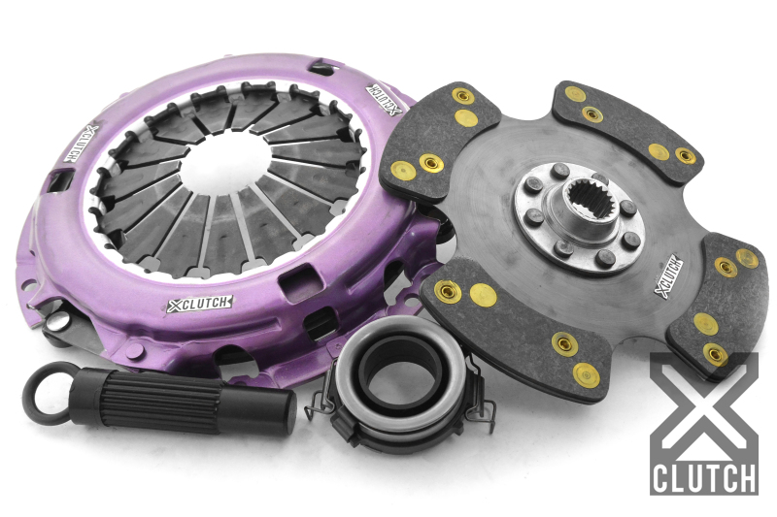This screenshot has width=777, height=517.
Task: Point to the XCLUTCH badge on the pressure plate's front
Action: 199,304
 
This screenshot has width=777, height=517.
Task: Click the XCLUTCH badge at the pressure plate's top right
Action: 384,100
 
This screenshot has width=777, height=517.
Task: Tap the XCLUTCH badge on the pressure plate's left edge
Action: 79,143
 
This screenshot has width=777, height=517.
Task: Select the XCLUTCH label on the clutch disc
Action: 669,276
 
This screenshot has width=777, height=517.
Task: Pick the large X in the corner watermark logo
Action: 703,405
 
